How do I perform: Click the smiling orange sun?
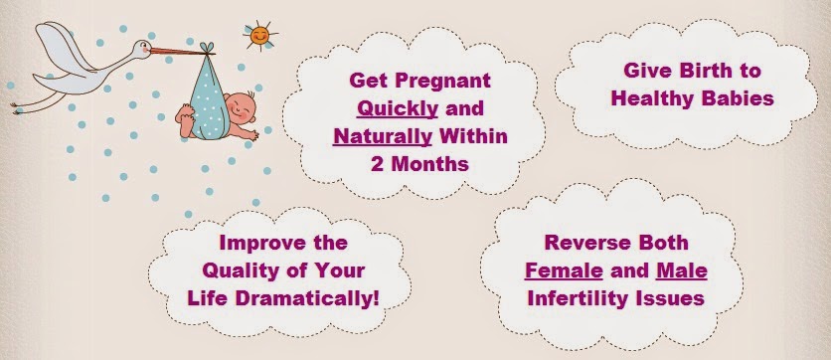pyautogui.click(x=259, y=36)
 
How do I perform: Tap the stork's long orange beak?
pyautogui.click(x=178, y=52)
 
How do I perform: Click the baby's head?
pyautogui.click(x=241, y=108)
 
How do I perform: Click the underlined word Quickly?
pyautogui.click(x=398, y=109)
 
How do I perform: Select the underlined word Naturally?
pyautogui.click(x=382, y=137)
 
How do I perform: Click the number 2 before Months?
pyautogui.click(x=377, y=164)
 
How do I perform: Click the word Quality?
pyautogui.click(x=234, y=271)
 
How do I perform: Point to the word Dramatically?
pyautogui.click(x=307, y=298)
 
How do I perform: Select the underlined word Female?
pyautogui.click(x=564, y=271)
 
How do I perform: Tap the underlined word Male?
pyautogui.click(x=682, y=271)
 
